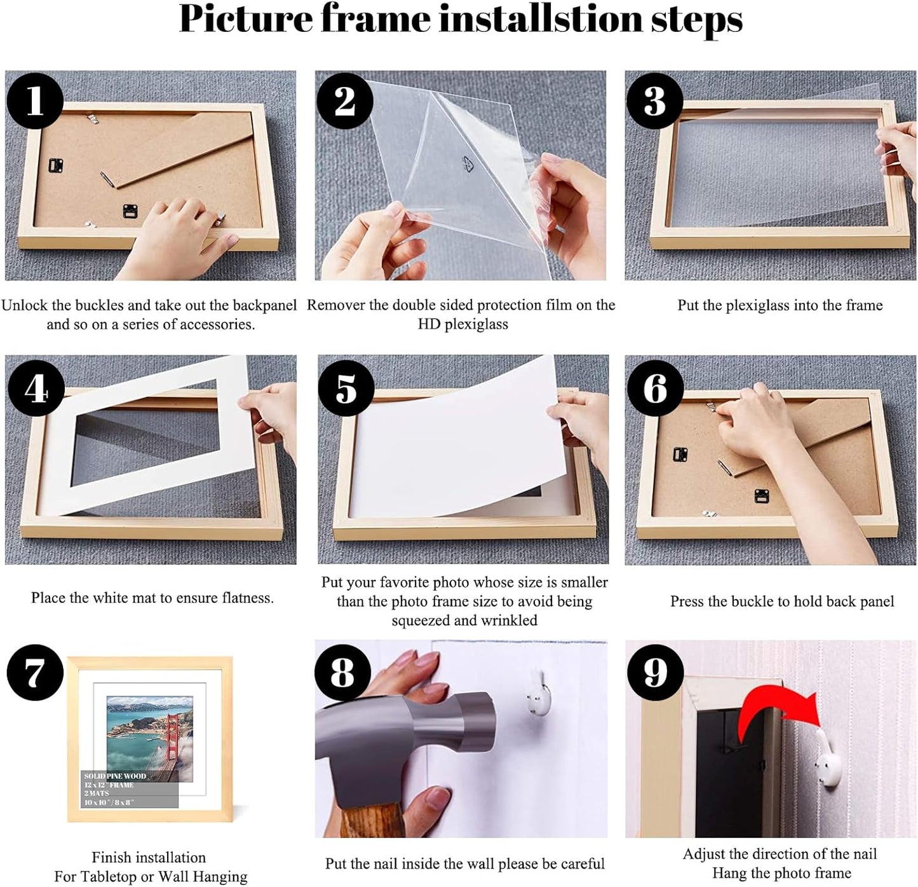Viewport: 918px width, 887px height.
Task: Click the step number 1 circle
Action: click(x=34, y=100)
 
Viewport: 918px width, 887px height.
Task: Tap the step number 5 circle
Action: click(x=346, y=388)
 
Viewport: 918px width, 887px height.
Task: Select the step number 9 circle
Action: click(x=655, y=673)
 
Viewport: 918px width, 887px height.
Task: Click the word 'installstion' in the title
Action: click(x=541, y=19)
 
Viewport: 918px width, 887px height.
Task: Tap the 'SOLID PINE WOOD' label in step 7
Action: click(x=115, y=776)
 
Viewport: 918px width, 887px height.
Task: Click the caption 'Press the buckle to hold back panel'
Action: click(x=781, y=602)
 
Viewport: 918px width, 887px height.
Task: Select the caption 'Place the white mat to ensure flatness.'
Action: click(x=152, y=598)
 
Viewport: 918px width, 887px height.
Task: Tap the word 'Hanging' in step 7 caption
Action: click(x=220, y=876)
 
